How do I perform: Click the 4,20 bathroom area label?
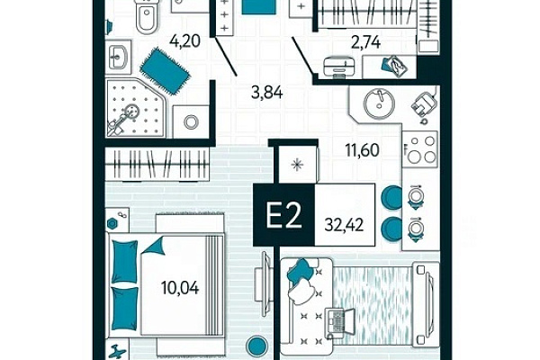(x=184, y=41)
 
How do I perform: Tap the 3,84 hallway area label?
(x=267, y=93)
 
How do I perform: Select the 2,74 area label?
(x=365, y=42)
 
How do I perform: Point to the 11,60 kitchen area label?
(x=363, y=150)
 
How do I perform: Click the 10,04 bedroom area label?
(x=180, y=288)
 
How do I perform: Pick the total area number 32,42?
(x=344, y=225)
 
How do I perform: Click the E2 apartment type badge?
(x=284, y=215)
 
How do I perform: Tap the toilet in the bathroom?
(x=147, y=16)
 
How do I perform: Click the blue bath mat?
(x=165, y=71)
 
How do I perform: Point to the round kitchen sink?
(x=379, y=103)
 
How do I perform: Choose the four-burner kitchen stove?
(x=421, y=148)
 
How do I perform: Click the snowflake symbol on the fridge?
(x=297, y=165)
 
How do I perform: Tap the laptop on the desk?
(x=339, y=323)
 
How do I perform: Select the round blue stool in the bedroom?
(x=256, y=346)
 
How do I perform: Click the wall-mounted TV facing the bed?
(x=265, y=284)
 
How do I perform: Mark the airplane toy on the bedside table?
(x=117, y=351)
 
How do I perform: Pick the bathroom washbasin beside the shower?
(x=118, y=58)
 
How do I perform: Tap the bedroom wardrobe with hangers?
(x=157, y=165)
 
